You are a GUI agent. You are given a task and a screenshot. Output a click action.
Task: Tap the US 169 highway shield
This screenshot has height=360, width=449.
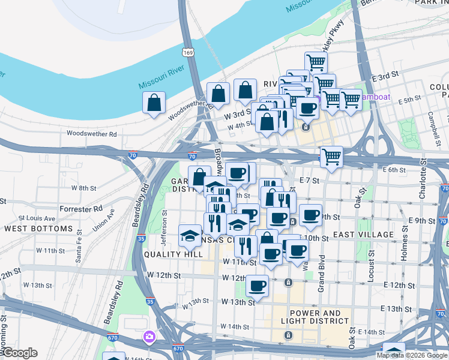click(x=188, y=53)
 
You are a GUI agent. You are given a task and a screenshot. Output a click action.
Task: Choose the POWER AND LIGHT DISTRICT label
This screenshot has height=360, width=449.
click(x=319, y=317)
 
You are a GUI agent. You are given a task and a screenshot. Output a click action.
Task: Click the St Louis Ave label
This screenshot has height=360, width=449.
click(x=37, y=218)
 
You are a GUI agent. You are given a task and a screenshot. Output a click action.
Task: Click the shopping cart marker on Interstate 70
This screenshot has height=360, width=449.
click(x=331, y=157)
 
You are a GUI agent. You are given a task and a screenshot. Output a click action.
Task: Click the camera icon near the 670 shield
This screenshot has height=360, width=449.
click(x=148, y=337)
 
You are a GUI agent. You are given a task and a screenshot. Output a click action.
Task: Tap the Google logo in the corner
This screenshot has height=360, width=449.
click(x=19, y=353)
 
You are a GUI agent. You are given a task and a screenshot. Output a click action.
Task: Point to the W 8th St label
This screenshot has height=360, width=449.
click(x=84, y=188)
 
